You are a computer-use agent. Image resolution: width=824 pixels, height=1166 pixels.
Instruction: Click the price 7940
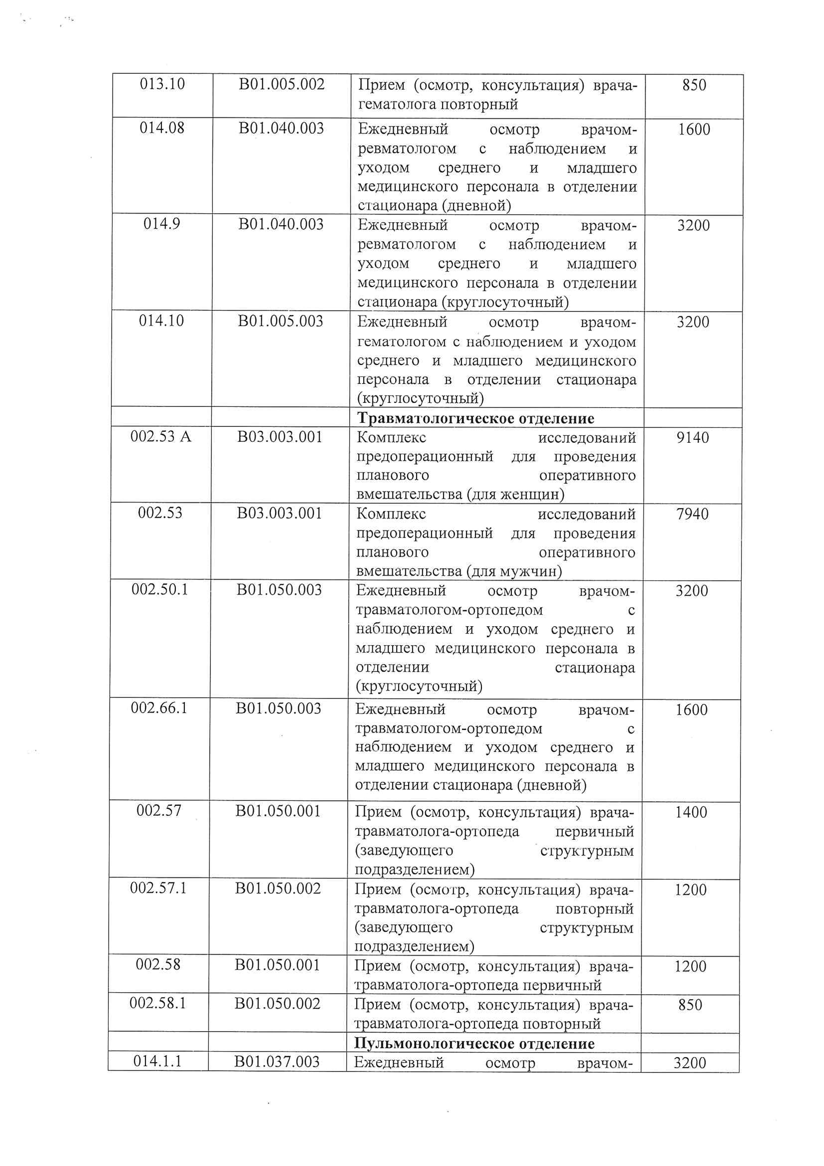pos(692,514)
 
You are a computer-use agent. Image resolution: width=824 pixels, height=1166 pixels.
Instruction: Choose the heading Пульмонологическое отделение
pos(474,1044)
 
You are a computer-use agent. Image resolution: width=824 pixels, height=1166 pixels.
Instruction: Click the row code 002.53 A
pos(161,437)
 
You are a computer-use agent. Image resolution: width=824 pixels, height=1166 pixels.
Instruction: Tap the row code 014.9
pos(162,224)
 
